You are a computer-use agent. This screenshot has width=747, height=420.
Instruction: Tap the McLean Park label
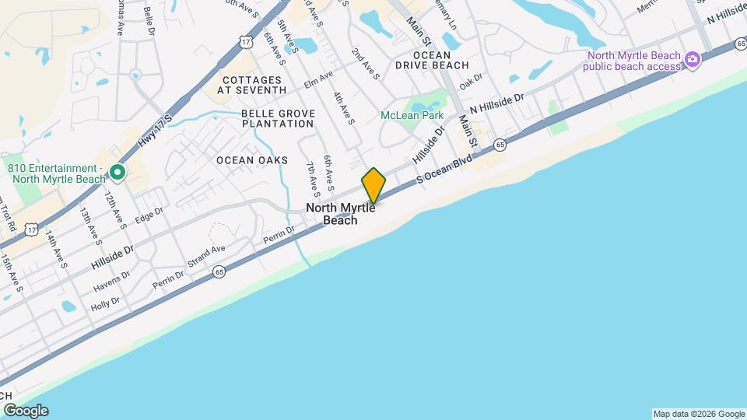click(x=412, y=115)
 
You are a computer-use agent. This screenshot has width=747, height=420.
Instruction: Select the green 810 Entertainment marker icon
click(x=117, y=172)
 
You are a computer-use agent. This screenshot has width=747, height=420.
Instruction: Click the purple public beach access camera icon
click(x=691, y=61)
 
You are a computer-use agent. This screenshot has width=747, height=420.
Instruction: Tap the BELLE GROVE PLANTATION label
click(x=278, y=118)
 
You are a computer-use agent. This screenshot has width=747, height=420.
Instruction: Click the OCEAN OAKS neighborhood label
click(x=252, y=160)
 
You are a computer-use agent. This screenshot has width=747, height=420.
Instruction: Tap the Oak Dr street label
click(x=471, y=81)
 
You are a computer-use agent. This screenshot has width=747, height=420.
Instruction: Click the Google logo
click(x=26, y=410)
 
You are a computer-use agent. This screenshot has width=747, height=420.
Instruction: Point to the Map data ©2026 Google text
click(x=699, y=414)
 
